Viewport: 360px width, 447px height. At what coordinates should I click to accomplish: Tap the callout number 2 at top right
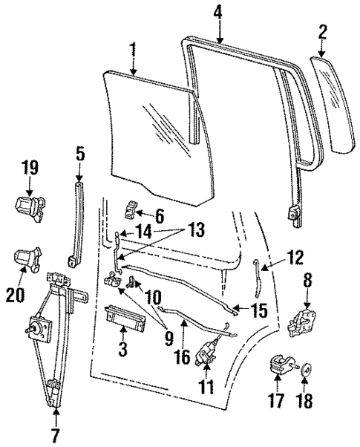tap(323, 32)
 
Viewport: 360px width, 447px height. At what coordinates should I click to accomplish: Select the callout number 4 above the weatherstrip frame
tap(217, 13)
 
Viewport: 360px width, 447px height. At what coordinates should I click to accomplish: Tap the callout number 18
tap(304, 402)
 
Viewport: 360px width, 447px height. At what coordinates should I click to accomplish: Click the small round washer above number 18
tap(304, 367)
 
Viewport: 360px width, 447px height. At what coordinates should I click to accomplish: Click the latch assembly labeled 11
tap(209, 350)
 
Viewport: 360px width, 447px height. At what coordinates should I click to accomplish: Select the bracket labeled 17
tap(280, 366)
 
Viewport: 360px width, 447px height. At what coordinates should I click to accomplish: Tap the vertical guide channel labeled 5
tap(77, 223)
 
